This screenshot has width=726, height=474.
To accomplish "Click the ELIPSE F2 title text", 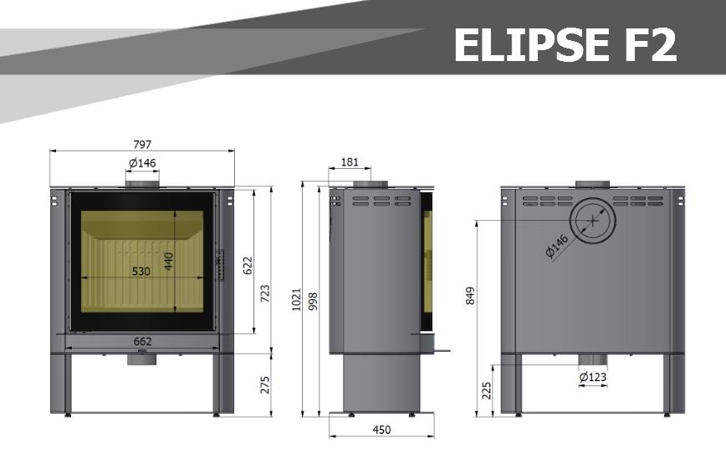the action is [565, 44].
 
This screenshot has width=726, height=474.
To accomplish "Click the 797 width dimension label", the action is [142, 145].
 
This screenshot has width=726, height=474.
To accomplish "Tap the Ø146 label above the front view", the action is [142, 163].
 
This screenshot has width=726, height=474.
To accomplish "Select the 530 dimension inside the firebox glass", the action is [141, 271].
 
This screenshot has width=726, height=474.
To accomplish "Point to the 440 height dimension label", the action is [169, 262].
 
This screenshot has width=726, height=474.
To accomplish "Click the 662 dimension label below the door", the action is [142, 342].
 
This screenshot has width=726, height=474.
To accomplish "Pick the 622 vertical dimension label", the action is [248, 265].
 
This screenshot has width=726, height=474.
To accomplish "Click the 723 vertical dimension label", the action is [265, 293].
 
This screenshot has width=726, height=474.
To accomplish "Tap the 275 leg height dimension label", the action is [265, 385].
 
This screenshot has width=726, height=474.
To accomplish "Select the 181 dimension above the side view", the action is [350, 162].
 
